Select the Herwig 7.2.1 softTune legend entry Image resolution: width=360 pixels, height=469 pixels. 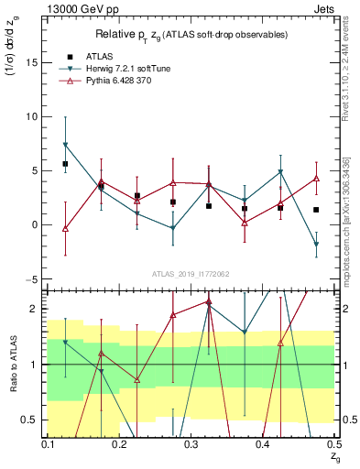pos(125,69)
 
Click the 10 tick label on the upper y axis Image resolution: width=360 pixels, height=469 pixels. pos(34,116)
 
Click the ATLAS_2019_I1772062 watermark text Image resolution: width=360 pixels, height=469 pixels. pos(191,273)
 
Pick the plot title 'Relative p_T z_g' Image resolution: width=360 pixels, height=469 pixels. pos(192,34)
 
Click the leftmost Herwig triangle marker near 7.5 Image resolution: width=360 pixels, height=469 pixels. pos(65,145)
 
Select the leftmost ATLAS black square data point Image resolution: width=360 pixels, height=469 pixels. pos(65,164)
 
